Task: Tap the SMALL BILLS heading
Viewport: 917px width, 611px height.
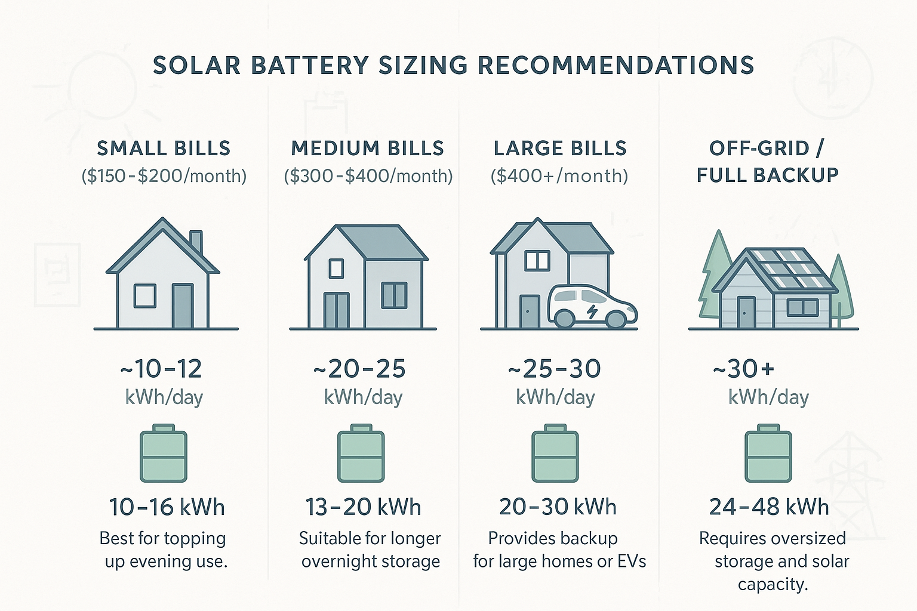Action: pyautogui.click(x=164, y=148)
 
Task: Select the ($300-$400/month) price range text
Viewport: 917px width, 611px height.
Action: pyautogui.click(x=368, y=176)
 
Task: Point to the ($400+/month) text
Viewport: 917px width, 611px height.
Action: pyautogui.click(x=559, y=176)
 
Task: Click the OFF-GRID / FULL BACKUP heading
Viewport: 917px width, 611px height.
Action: pyautogui.click(x=768, y=161)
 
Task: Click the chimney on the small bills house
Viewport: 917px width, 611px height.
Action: pyautogui.click(x=196, y=242)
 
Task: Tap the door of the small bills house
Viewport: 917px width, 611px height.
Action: pyautogui.click(x=183, y=305)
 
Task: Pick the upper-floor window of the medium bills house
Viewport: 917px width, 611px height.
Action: pyautogui.click(x=336, y=269)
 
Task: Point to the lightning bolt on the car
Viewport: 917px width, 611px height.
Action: pyautogui.click(x=592, y=311)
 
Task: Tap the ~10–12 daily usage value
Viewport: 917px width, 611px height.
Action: pyautogui.click(x=161, y=369)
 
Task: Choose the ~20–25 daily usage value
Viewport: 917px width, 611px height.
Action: pyautogui.click(x=359, y=369)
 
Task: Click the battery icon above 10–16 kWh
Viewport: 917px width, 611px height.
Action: pyautogui.click(x=164, y=454)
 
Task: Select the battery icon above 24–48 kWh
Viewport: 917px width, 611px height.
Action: pyautogui.click(x=768, y=454)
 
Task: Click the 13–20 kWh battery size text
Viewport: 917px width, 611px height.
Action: pyautogui.click(x=363, y=507)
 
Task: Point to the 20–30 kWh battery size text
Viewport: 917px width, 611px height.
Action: pyautogui.click(x=558, y=507)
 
